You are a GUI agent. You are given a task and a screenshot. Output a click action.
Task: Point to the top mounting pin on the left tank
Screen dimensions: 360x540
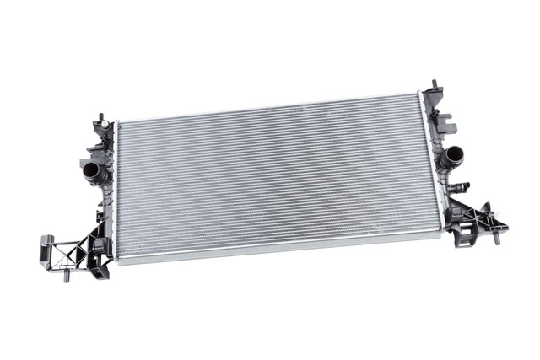(x=100, y=117)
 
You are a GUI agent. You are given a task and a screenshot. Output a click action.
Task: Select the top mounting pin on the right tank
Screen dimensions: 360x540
(x=435, y=85)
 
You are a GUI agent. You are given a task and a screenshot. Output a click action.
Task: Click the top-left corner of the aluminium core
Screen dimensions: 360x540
(x=118, y=123)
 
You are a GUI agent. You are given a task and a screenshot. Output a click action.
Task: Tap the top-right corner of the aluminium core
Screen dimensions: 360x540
(x=419, y=95)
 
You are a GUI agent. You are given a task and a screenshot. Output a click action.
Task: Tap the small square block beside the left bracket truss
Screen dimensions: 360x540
(x=98, y=247)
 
